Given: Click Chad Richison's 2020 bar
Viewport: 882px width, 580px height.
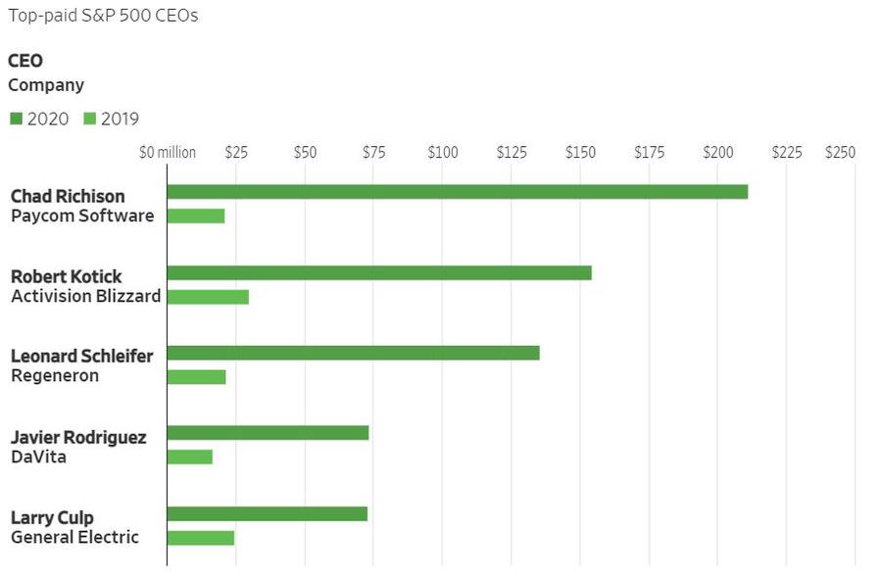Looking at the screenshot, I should (x=457, y=192).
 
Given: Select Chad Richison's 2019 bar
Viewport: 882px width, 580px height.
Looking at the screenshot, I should (x=196, y=216).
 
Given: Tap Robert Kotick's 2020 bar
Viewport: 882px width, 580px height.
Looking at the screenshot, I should (x=379, y=272).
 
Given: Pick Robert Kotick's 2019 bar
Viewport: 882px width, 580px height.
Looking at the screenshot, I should (x=208, y=297).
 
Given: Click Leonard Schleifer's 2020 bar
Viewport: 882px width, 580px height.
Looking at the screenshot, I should (x=353, y=353).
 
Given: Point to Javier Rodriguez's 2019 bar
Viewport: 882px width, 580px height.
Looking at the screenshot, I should (x=189, y=457).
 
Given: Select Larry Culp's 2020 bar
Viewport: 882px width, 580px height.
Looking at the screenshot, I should (x=267, y=513).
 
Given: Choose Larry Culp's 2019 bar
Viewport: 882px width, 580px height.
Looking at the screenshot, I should (x=201, y=537).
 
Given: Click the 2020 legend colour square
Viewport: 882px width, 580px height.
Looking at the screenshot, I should (x=16, y=120).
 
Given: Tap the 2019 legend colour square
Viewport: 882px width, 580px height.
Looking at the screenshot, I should (x=89, y=120).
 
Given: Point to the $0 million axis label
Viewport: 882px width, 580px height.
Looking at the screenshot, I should (x=167, y=153).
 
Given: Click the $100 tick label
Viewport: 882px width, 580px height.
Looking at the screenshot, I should (x=442, y=153).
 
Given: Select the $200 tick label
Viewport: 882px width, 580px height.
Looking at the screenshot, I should (x=717, y=153).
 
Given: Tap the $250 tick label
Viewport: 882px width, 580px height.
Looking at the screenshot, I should (x=840, y=153).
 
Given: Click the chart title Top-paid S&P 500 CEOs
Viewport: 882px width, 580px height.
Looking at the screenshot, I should (x=103, y=17).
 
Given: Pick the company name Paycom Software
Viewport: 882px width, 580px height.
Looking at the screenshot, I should (x=82, y=216).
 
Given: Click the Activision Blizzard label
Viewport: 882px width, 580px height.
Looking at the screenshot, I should (x=85, y=296).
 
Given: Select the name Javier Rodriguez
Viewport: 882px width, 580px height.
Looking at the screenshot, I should (x=78, y=437).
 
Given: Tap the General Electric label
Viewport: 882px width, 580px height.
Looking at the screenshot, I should (x=74, y=537).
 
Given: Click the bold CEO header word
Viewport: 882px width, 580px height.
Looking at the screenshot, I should (x=25, y=61).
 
